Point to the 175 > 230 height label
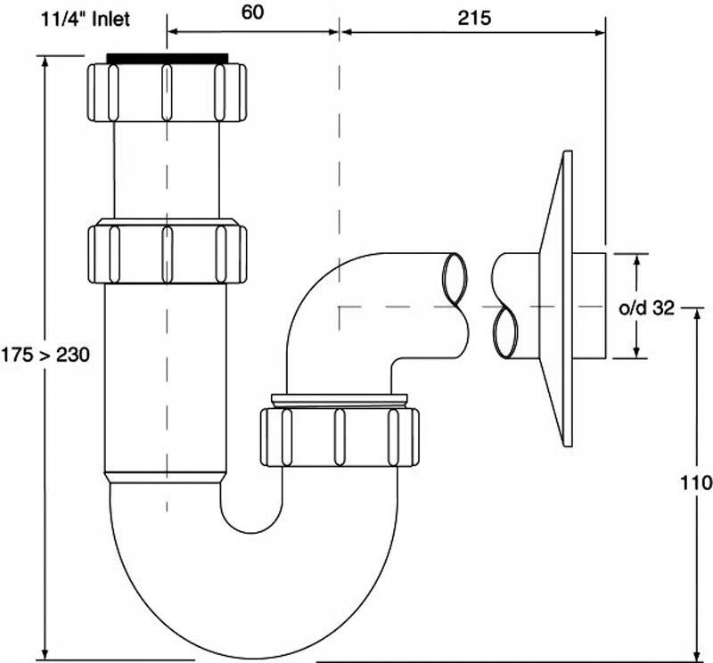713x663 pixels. click(45, 353)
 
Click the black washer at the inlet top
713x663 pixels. click(167, 58)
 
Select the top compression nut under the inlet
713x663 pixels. click(167, 91)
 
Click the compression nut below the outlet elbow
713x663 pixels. click(340, 436)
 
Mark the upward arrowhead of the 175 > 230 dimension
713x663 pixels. click(44, 61)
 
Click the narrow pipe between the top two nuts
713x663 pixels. click(167, 169)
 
